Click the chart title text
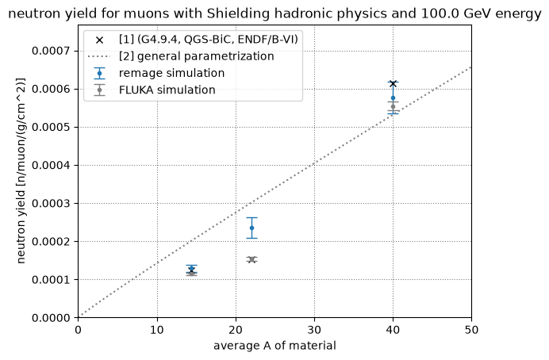[274, 14]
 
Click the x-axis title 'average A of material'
[274, 346]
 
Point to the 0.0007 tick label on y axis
[51, 51]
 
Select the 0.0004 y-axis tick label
[51, 166]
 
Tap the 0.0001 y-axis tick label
[51, 280]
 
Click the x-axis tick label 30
[314, 330]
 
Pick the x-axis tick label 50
[471, 330]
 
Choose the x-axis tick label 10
[157, 330]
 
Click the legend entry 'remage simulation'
[171, 73]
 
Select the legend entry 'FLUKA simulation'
[167, 90]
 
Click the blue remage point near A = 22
[251, 228]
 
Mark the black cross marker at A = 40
[393, 83]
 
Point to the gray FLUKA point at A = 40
[393, 107]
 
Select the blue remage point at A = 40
[393, 98]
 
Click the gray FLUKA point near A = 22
[251, 259]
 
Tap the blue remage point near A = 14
[191, 269]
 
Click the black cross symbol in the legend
[99, 40]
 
